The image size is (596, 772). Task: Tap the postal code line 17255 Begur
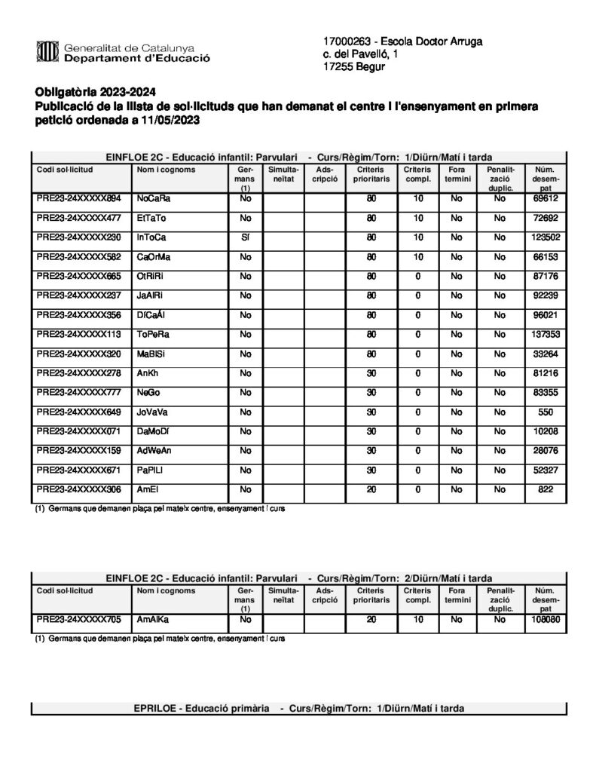(x=353, y=68)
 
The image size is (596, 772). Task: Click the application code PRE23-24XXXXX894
(x=79, y=199)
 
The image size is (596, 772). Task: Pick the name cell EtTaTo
(x=151, y=218)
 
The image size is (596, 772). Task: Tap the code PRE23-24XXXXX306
(x=79, y=490)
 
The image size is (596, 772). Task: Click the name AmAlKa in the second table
(x=153, y=619)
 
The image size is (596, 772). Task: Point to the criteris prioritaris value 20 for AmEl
(x=371, y=490)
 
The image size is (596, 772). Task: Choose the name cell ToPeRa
(x=153, y=335)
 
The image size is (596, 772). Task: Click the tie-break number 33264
(x=544, y=354)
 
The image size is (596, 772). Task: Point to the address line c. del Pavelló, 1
(x=361, y=54)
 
